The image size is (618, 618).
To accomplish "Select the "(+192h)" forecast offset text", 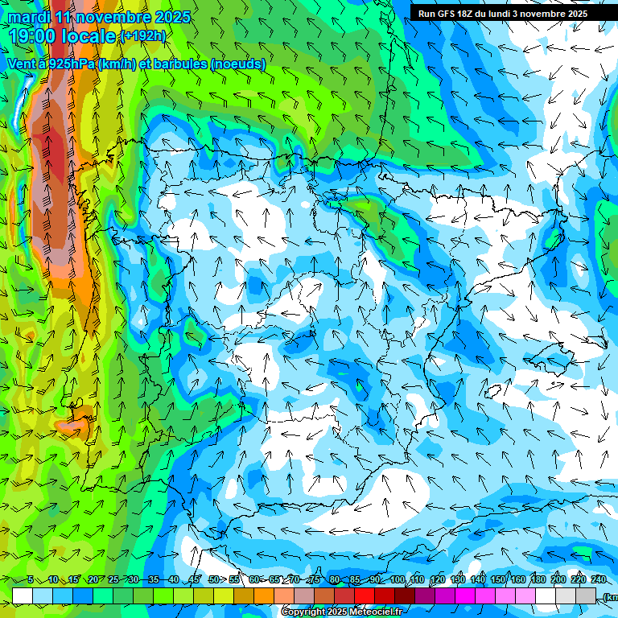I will click(142, 36).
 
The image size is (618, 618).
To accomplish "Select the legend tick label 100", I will click(397, 580).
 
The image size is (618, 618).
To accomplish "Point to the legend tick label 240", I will click(599, 580).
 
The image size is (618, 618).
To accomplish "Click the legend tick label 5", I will click(31, 580).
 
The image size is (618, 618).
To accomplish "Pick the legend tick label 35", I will click(153, 580).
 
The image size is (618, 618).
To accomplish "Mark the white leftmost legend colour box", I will click(23, 595).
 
